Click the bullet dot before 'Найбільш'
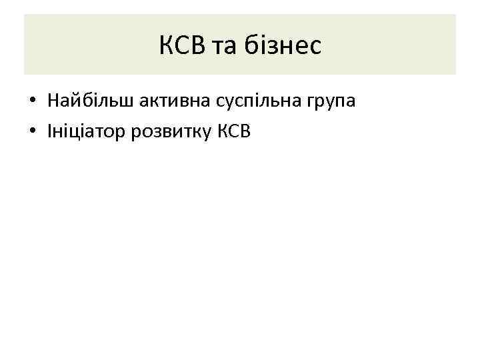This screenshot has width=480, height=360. pos(32,102)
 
